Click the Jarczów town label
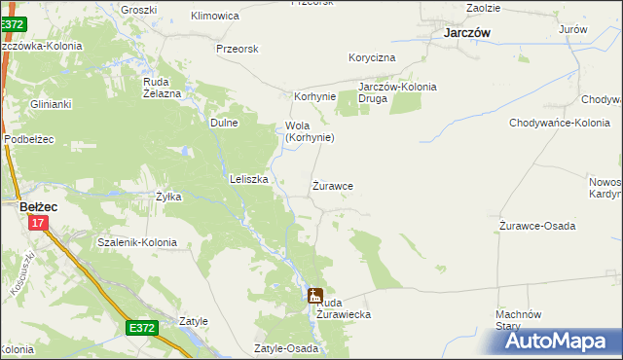465,32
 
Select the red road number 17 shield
37,224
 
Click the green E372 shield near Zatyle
141,330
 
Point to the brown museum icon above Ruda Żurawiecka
315,296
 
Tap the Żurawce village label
332,185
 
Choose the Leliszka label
248,179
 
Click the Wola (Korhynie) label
310,131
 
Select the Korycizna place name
373,58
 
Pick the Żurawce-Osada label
537,226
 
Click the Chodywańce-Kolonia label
559,123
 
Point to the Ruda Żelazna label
163,88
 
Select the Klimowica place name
215,17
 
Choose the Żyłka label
168,197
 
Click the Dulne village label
224,123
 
